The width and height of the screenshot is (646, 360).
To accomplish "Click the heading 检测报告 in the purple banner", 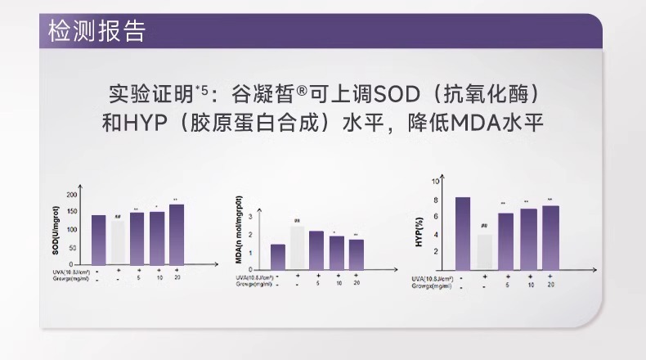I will pyautogui.click(x=97, y=31).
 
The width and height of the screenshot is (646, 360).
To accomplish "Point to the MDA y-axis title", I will pyautogui.click(x=240, y=236).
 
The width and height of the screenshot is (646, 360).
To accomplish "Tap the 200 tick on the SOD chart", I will pyautogui.click(x=72, y=196).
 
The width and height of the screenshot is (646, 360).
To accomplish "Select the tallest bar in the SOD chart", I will pyautogui.click(x=177, y=235).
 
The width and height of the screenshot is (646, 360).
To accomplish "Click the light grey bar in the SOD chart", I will pyautogui.click(x=118, y=243).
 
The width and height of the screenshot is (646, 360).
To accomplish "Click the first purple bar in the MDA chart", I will pyautogui.click(x=278, y=256).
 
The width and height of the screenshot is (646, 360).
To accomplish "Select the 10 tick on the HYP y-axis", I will pyautogui.click(x=438, y=179).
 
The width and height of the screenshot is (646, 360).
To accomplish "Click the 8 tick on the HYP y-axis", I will pyautogui.click(x=438, y=199).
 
